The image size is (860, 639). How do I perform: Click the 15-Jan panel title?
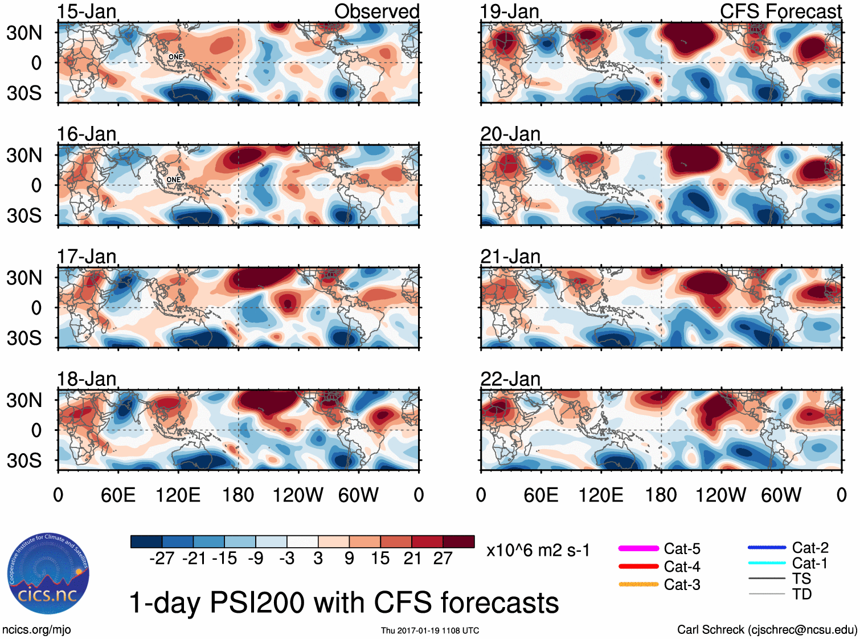click(x=87, y=11)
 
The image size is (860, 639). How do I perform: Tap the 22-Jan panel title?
click(x=510, y=379)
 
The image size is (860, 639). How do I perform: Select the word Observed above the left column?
click(x=376, y=11)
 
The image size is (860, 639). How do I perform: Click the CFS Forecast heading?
click(x=780, y=11)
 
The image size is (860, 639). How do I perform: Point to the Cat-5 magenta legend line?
click(x=638, y=548)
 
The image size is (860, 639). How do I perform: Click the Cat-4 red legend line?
click(x=638, y=567)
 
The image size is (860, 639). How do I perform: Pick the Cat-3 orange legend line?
click(x=638, y=584)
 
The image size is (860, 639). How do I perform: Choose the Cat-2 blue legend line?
click(x=767, y=548)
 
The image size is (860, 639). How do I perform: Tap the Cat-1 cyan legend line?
click(x=767, y=563)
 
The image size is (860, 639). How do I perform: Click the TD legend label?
click(x=802, y=595)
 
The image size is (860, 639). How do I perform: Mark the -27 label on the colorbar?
click(x=162, y=559)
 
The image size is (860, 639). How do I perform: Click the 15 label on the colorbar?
click(x=380, y=559)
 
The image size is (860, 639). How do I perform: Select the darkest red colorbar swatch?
click(x=458, y=542)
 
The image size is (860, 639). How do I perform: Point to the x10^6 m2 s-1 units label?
click(x=538, y=551)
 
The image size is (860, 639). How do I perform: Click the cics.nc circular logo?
click(x=48, y=574)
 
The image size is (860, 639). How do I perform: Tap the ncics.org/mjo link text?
click(x=36, y=630)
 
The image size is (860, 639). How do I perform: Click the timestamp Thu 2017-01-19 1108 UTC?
click(x=430, y=630)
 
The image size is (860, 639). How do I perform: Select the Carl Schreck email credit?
click(x=767, y=630)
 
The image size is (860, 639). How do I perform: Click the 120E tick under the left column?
click(x=178, y=495)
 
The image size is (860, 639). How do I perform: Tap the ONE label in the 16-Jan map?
click(x=174, y=180)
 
